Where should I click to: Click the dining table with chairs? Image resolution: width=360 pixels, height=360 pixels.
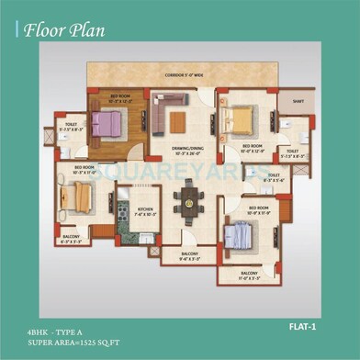tap(188, 197)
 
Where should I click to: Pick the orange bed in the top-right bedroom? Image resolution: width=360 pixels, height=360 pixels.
tap(242, 120)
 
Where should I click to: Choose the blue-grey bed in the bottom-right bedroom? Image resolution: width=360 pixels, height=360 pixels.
tap(238, 236)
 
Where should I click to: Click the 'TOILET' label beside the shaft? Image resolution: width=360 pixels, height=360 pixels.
tap(292, 151)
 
